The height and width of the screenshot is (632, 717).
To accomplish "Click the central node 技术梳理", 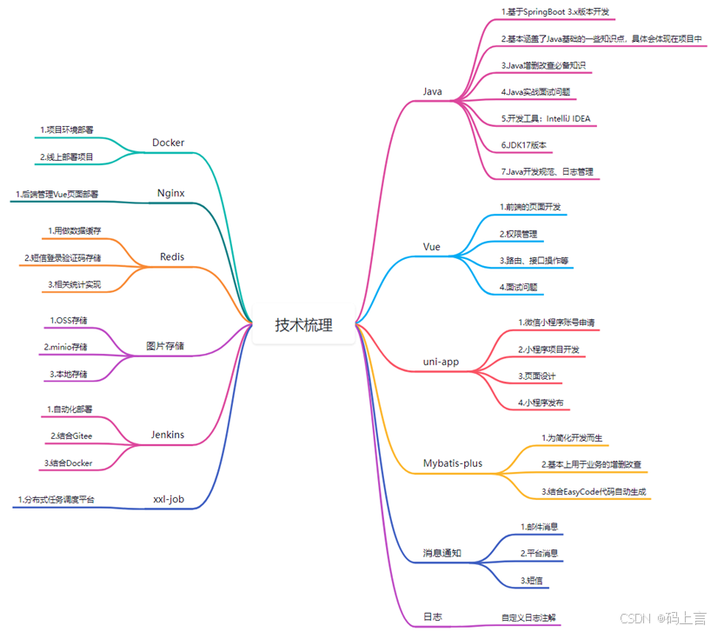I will (x=303, y=325).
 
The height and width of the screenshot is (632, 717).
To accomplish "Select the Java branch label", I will (x=433, y=91).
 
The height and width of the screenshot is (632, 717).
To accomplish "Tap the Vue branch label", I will (x=432, y=247).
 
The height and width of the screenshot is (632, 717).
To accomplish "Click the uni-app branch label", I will (x=440, y=361).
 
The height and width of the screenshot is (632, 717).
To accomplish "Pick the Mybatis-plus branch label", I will (x=452, y=463).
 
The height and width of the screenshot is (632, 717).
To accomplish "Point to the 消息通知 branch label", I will (x=442, y=553).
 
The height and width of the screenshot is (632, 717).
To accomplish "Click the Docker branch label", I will (x=168, y=143).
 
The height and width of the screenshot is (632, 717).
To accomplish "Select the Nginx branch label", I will (x=169, y=192).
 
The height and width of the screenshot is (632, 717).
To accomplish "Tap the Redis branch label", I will (x=172, y=256).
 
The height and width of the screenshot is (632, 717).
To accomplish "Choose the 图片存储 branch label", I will (x=164, y=346).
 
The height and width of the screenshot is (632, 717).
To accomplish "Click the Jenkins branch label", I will (x=168, y=435).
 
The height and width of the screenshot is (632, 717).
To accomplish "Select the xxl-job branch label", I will (x=169, y=499).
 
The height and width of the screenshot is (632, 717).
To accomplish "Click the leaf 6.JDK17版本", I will (x=523, y=144).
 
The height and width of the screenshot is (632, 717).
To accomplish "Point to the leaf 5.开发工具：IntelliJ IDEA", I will (x=546, y=118).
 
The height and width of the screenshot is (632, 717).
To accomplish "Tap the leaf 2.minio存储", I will (x=66, y=347).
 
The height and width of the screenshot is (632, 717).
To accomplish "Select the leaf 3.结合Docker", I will (x=68, y=462).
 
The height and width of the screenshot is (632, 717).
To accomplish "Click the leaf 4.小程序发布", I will (x=541, y=402).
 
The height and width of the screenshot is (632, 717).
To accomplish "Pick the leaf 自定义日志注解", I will (x=530, y=617).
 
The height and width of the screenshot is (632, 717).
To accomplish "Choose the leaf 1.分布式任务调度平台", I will (x=56, y=500).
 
